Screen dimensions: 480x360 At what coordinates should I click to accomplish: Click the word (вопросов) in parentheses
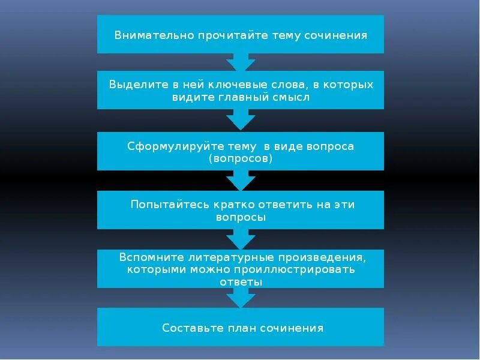pyautogui.click(x=241, y=159)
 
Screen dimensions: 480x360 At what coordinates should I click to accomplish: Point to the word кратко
pyautogui.click(x=233, y=205)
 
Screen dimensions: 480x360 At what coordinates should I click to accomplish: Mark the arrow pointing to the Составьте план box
pyautogui.click(x=241, y=298)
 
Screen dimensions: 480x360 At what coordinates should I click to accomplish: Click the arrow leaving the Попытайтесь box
pyautogui.click(x=241, y=239)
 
